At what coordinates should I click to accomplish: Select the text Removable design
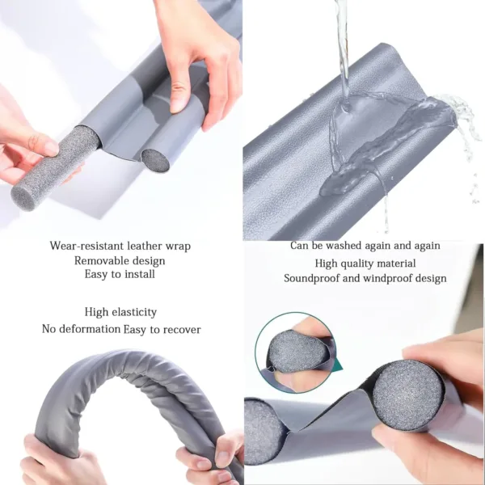click(120, 260)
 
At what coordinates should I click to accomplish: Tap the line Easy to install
click(120, 275)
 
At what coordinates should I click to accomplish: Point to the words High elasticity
click(120, 312)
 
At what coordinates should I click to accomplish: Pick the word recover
click(182, 330)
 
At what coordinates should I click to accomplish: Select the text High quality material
click(365, 264)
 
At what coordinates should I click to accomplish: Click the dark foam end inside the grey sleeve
click(154, 160)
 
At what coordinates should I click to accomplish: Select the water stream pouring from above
click(342, 48)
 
